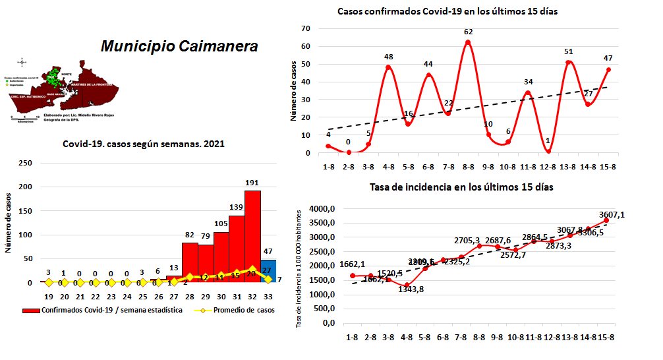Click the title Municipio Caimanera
click(x=179, y=46)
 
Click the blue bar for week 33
click(x=268, y=270)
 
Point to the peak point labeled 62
click(x=468, y=42)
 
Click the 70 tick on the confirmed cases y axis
click(x=306, y=28)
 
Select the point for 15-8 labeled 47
click(x=608, y=69)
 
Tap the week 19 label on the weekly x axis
click(x=48, y=297)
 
